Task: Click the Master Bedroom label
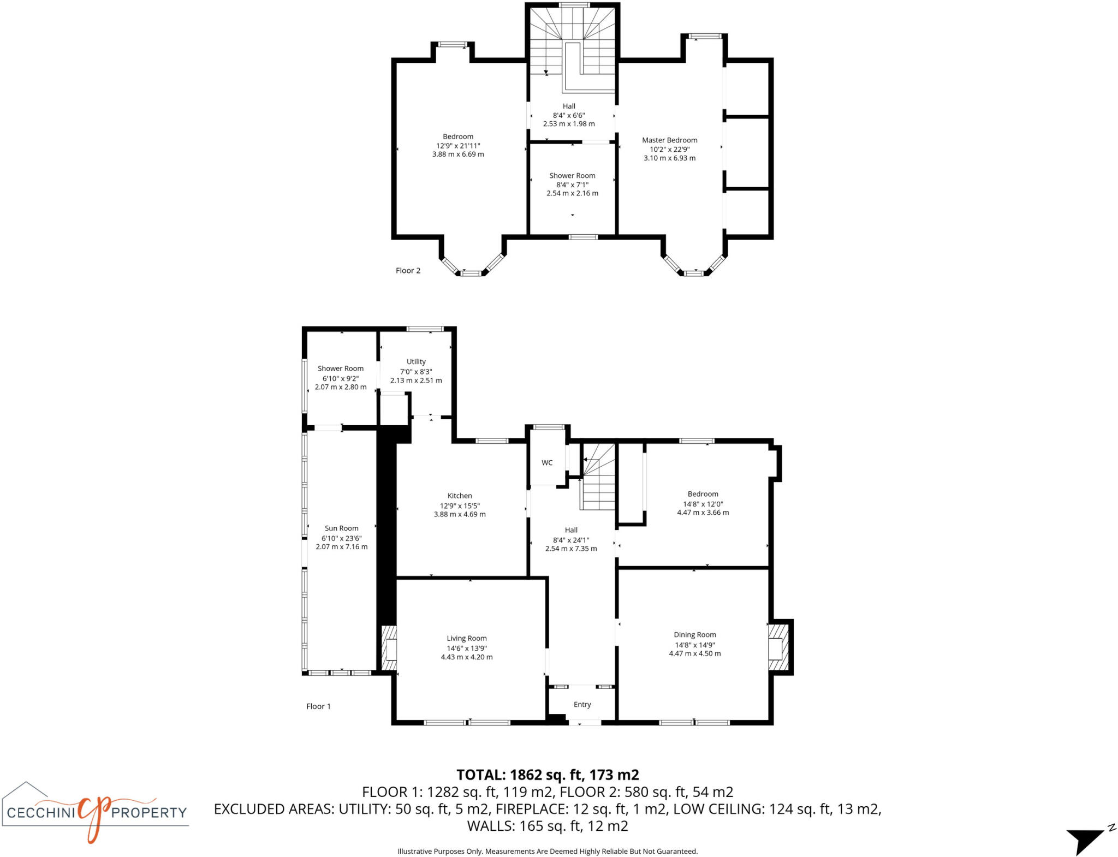669,140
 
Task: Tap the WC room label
547,463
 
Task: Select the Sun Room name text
341,528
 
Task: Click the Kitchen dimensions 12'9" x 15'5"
460,506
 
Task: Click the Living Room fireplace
389,648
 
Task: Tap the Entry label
582,705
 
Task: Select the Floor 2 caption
408,271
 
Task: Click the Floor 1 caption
318,706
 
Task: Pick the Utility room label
416,362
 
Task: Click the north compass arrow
1086,838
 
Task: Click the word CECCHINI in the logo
40,813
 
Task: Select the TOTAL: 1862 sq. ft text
547,775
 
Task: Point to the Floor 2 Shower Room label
572,176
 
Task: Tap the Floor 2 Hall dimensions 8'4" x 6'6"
569,115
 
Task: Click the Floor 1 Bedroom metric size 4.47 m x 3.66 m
703,513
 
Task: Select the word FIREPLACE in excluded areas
530,809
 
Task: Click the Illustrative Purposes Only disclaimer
547,851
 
